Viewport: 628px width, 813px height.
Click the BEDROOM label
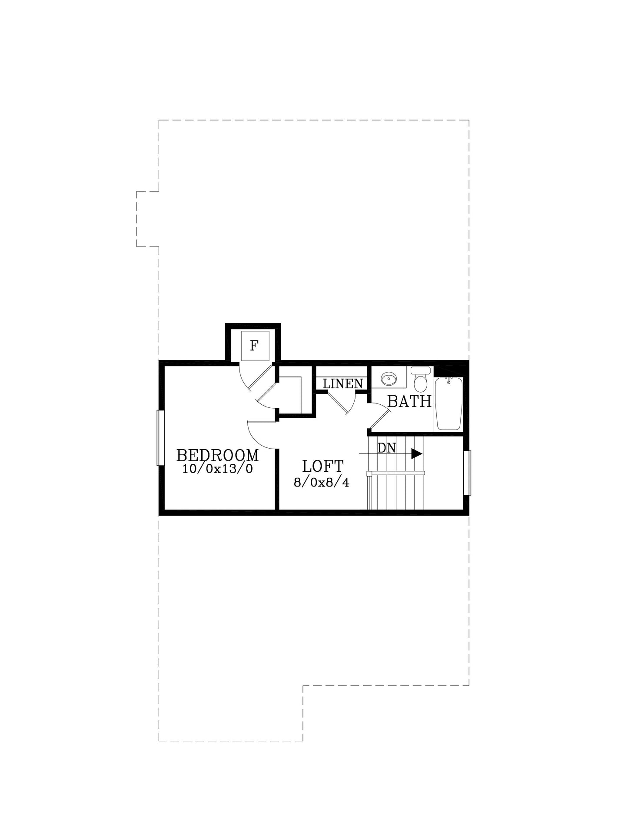pyautogui.click(x=217, y=455)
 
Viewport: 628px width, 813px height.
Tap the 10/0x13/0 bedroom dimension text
pyautogui.click(x=217, y=469)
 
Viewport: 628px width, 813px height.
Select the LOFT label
pyautogui.click(x=323, y=466)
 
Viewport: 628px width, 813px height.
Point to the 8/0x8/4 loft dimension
pyautogui.click(x=321, y=483)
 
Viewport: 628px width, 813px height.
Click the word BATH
pyautogui.click(x=409, y=401)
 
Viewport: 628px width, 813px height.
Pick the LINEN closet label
pyautogui.click(x=343, y=383)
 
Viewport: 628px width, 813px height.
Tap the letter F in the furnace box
pyautogui.click(x=254, y=346)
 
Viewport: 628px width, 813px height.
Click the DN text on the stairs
pyautogui.click(x=387, y=448)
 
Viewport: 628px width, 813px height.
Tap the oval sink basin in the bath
pyautogui.click(x=388, y=379)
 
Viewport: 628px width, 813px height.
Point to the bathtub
pyautogui.click(x=449, y=403)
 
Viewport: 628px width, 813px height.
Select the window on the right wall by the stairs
pyautogui.click(x=467, y=473)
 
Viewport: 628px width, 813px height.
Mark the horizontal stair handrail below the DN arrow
pyautogui.click(x=395, y=472)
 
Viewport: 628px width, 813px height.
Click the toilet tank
pyautogui.click(x=421, y=370)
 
